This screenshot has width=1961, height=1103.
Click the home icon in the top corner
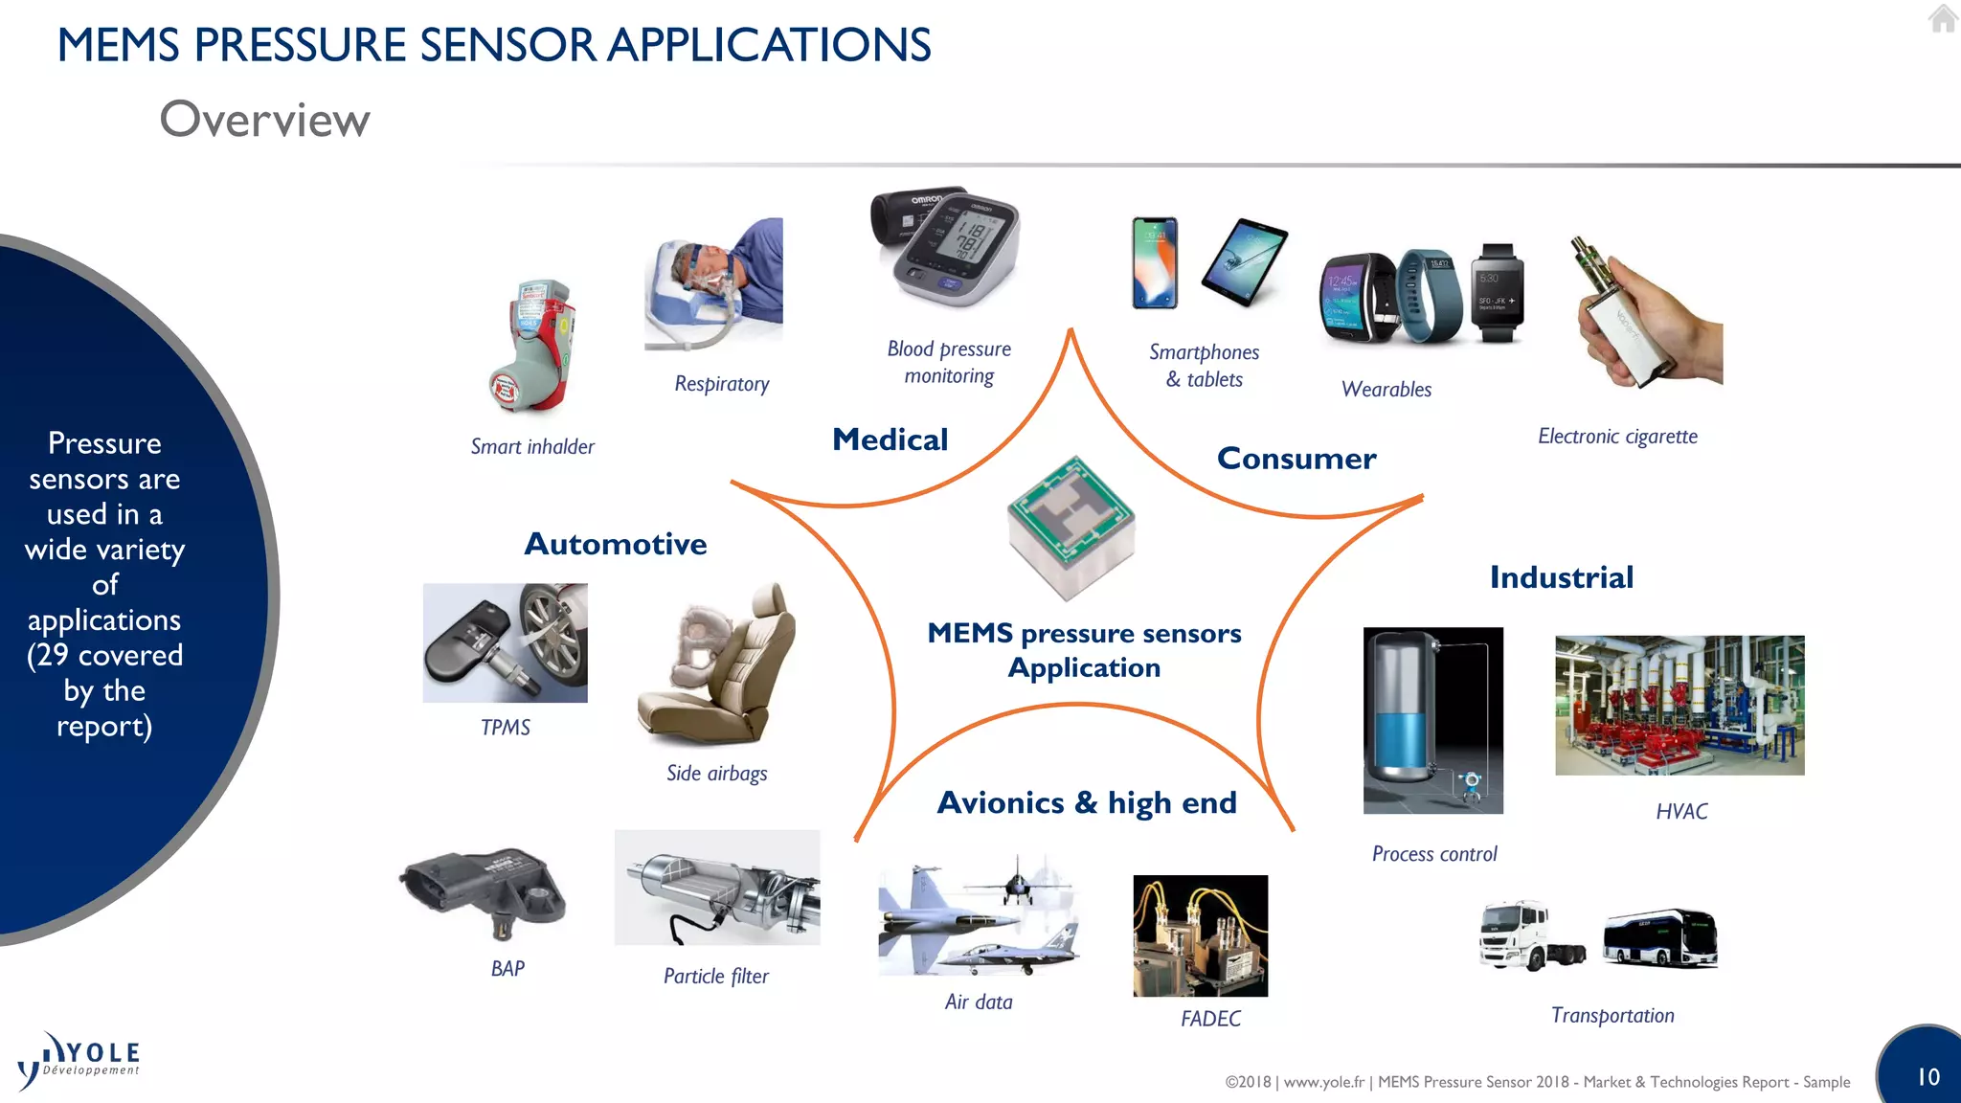1943,18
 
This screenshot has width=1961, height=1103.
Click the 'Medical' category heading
890,439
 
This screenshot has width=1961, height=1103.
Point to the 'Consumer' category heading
1296,459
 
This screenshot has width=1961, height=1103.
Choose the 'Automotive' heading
615,544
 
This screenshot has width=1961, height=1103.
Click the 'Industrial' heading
1561,577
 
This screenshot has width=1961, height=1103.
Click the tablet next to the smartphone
1245,261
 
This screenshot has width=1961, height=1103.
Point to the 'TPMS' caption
505,728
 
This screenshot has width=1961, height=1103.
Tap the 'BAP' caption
507,969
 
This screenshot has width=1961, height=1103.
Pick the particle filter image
716,888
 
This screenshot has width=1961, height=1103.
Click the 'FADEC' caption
1210,1019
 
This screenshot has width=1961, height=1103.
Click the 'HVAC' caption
1681,812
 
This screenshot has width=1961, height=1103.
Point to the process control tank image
1432,720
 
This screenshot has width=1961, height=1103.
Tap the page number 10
1927,1077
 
